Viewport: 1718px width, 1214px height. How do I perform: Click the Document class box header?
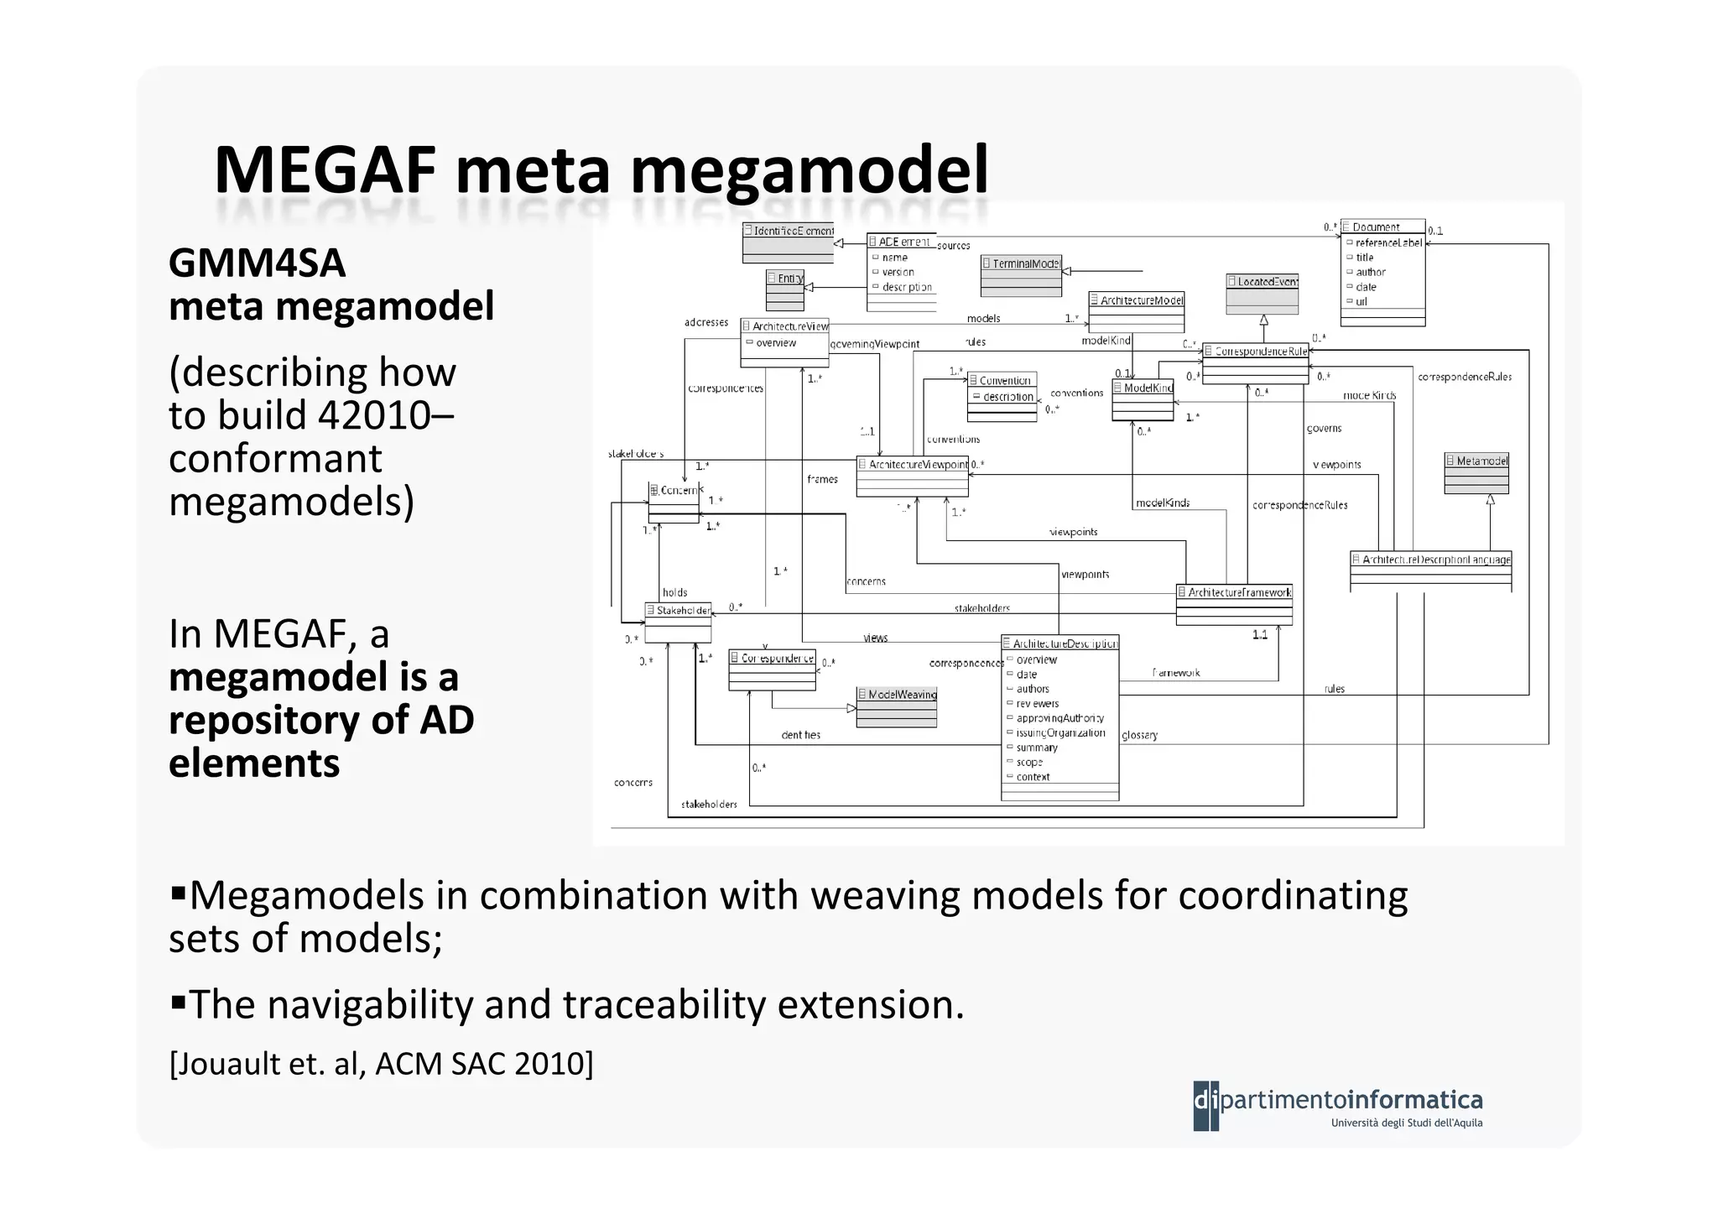[1382, 227]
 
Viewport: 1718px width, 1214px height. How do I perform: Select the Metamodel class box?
[1476, 474]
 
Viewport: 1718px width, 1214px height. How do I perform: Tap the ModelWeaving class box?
[896, 706]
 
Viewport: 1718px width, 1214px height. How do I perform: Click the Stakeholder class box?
[678, 622]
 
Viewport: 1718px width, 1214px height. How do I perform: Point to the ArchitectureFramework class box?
[1233, 604]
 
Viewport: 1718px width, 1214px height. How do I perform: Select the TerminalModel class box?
[1020, 275]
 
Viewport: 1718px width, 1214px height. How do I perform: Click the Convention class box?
[1002, 395]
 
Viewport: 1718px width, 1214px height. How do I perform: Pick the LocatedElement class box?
[1262, 293]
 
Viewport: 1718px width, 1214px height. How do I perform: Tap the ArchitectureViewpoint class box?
[912, 476]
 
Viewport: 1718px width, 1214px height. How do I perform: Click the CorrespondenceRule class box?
[1254, 362]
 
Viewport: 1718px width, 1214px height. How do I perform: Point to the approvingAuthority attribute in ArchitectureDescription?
[1059, 718]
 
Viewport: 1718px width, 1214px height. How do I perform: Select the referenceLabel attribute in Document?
[1387, 242]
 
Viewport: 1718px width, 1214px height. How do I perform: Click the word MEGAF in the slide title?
[325, 170]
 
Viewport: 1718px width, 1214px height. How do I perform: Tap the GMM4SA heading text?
[257, 263]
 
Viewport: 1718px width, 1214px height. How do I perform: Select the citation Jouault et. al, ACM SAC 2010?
[381, 1063]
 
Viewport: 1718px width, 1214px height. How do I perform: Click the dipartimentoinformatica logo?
[1337, 1106]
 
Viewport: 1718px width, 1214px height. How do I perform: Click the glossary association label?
[1139, 735]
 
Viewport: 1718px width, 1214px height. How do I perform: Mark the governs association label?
[1324, 428]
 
